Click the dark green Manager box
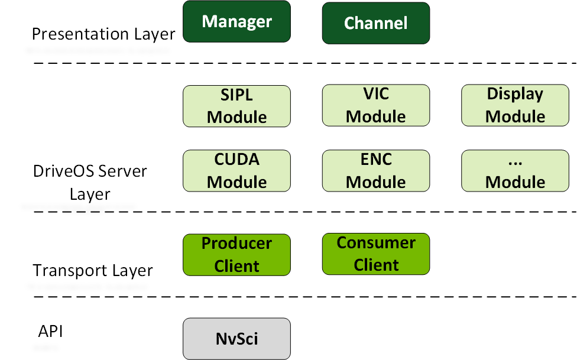[x=236, y=22]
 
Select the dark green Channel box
[x=375, y=23]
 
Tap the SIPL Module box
[x=236, y=106]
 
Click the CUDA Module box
[x=236, y=171]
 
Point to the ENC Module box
[x=375, y=171]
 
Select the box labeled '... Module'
[x=515, y=171]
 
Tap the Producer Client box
[x=236, y=255]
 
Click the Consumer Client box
[x=375, y=254]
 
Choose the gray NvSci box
[x=236, y=339]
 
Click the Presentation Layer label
[x=103, y=34]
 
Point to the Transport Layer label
[x=93, y=271]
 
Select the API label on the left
[x=50, y=331]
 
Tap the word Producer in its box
[x=236, y=244]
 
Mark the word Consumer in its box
[x=376, y=243]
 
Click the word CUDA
[x=236, y=160]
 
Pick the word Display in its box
[x=515, y=94]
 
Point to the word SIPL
[x=236, y=95]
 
